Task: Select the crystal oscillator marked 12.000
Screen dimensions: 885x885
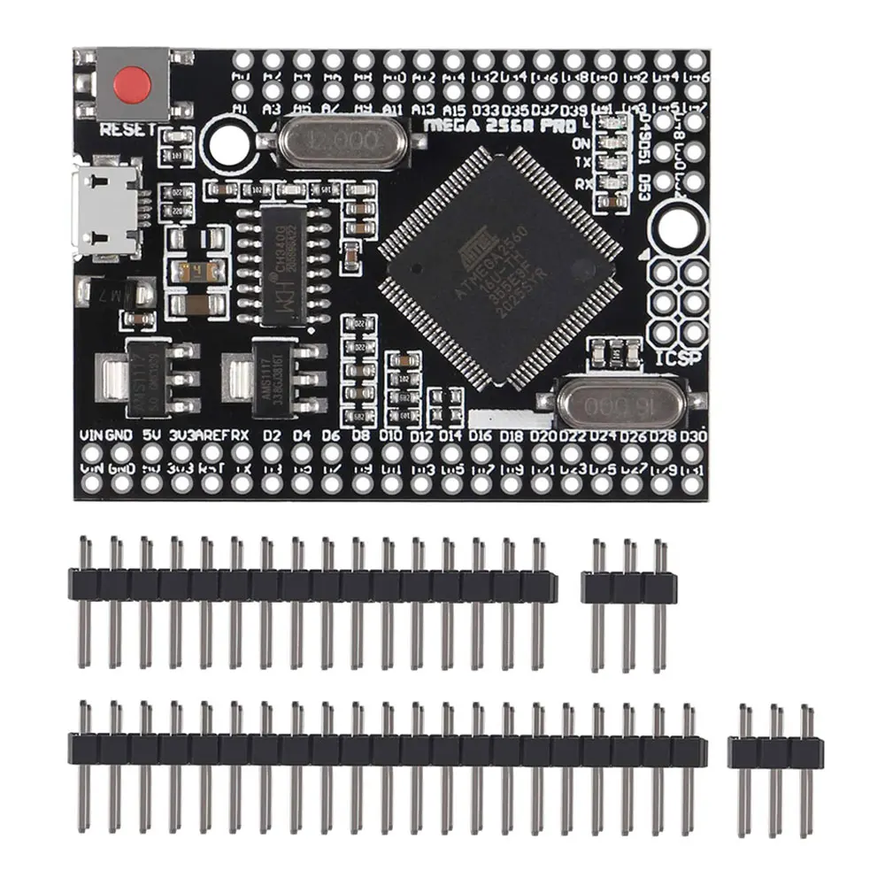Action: point(342,142)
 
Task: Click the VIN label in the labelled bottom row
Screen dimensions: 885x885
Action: point(92,435)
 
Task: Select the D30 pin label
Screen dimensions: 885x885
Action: point(695,435)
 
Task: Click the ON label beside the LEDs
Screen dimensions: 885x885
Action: point(582,142)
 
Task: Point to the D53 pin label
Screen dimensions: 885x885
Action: point(645,188)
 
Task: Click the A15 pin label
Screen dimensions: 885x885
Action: point(455,110)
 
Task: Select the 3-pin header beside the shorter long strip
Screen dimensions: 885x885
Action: point(629,587)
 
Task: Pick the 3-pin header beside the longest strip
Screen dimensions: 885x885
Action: point(775,752)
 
